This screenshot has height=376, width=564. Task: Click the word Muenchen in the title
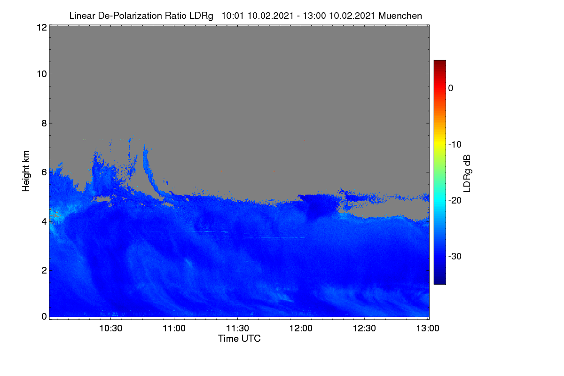pos(400,16)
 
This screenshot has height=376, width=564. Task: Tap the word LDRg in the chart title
pos(201,16)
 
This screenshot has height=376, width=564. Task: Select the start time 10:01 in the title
pos(232,16)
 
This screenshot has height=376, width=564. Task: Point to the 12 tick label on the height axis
pos(42,27)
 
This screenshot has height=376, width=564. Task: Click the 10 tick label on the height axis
pos(42,74)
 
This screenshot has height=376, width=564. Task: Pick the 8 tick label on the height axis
pos(44,124)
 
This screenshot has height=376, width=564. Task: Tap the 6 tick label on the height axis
pos(44,172)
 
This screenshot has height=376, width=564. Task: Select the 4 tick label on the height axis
pos(44,222)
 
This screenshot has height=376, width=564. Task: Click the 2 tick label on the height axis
pos(44,270)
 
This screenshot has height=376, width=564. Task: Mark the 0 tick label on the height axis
pos(44,317)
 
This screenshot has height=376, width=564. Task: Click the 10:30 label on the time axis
pos(111,329)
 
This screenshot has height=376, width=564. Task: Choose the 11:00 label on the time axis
pos(174,329)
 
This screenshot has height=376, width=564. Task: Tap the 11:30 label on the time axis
pos(237,329)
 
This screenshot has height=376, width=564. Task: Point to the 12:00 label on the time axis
pos(301,329)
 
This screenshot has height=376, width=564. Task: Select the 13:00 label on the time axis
pos(428,329)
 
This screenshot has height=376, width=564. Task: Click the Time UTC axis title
pos(239,339)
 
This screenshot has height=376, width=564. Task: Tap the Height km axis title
pos(26,171)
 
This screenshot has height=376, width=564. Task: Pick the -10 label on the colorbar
pos(455,145)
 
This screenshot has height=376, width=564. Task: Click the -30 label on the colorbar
pos(455,256)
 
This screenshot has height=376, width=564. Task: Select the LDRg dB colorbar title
pos(467,173)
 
